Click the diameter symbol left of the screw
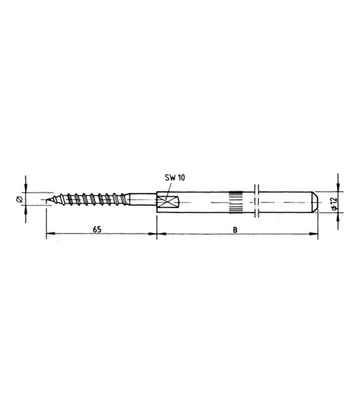pyautogui.click(x=19, y=199)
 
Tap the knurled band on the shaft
pyautogui.click(x=235, y=201)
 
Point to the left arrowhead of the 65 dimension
pyautogui.click(x=49, y=235)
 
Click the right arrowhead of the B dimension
pyautogui.click(x=315, y=235)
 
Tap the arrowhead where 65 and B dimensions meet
pyautogui.click(x=157, y=235)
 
